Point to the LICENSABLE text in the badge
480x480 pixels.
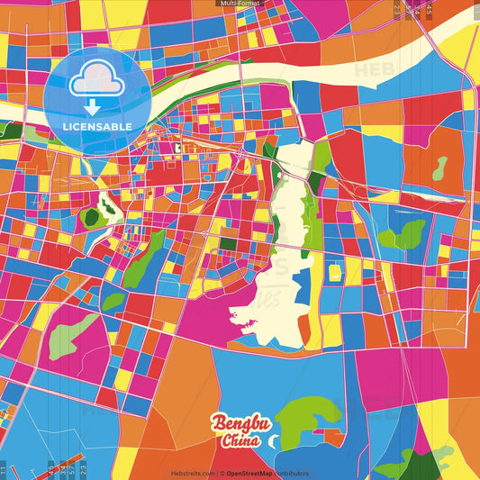click(x=97, y=127)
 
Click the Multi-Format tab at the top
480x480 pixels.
click(x=240, y=4)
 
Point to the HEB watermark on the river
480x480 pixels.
click(x=367, y=69)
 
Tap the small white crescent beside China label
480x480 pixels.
click(x=275, y=442)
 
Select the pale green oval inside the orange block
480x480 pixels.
click(x=439, y=168)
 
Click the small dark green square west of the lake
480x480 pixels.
click(x=229, y=242)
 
